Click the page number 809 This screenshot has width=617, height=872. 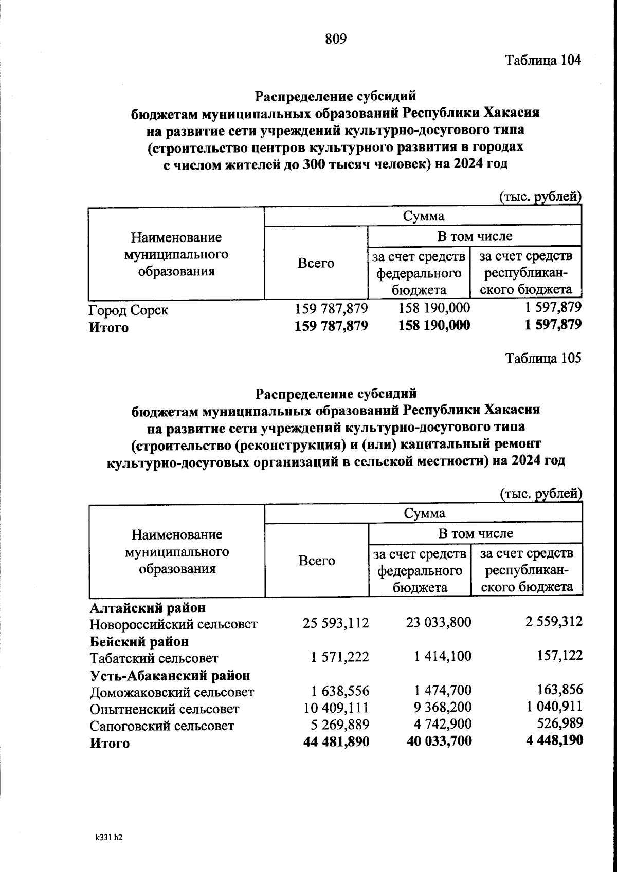pyautogui.click(x=336, y=39)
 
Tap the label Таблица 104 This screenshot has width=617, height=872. pyautogui.click(x=543, y=60)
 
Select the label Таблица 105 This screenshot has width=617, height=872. pyautogui.click(x=543, y=358)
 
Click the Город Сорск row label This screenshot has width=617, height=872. pyautogui.click(x=129, y=310)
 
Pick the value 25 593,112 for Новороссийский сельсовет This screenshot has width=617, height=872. pyautogui.click(x=336, y=623)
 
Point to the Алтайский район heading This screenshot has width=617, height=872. pyautogui.click(x=148, y=607)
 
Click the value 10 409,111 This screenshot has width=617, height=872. pyautogui.click(x=336, y=708)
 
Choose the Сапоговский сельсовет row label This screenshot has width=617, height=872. pyautogui.click(x=161, y=726)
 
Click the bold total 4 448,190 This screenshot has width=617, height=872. pyautogui.click(x=554, y=740)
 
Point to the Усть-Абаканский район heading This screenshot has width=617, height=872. pyautogui.click(x=170, y=675)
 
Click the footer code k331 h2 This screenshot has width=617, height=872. pyautogui.click(x=108, y=837)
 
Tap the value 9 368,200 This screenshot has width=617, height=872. pyautogui.click(x=441, y=708)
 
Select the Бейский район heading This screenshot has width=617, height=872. pyautogui.click(x=139, y=641)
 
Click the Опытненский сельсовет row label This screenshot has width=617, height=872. pyautogui.click(x=165, y=709)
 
